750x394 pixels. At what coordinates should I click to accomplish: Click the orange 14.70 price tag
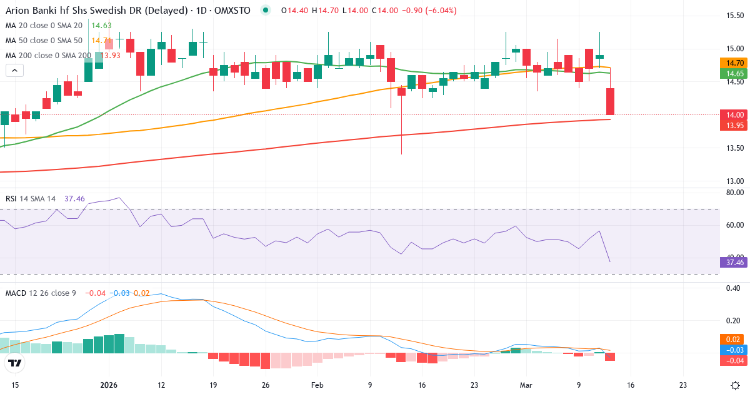coord(735,63)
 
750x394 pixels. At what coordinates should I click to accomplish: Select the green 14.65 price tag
coord(735,73)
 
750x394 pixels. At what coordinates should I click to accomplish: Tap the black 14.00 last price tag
coord(735,114)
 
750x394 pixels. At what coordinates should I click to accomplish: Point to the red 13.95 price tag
coord(735,126)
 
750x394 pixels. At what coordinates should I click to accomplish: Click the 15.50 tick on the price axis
coord(734,15)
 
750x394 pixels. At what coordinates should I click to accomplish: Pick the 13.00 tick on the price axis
coord(734,181)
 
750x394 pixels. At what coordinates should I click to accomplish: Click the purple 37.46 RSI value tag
coord(735,262)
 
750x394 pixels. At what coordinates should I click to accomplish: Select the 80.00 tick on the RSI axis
coord(734,193)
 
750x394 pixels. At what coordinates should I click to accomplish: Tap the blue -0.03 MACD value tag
coord(735,350)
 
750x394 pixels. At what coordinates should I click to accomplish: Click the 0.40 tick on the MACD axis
coord(734,288)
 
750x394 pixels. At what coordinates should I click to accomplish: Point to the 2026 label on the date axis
coord(109,385)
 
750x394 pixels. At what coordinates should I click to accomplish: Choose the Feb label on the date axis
coord(317,385)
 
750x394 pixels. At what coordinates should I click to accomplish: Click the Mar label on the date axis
coord(526,385)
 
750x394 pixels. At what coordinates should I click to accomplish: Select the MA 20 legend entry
coord(44,25)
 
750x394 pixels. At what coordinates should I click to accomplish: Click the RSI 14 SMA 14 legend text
coord(31,198)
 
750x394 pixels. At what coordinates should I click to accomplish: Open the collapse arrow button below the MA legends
coord(14,70)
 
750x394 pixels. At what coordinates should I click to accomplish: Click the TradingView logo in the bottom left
coord(14,363)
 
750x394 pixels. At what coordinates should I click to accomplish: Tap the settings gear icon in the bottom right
coord(735,385)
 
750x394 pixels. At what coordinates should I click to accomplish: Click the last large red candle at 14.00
coord(610,101)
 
